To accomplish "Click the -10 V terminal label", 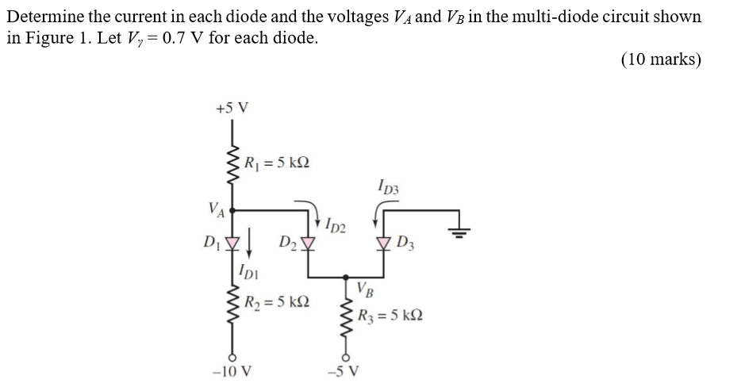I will coord(232,371).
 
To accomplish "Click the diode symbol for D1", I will coord(232,241).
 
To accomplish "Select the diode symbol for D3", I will coord(383,241).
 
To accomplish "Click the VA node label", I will coord(215,209).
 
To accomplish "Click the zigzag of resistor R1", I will coord(232,163).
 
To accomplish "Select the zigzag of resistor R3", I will coord(345,320).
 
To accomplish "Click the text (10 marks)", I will coord(661,61).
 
